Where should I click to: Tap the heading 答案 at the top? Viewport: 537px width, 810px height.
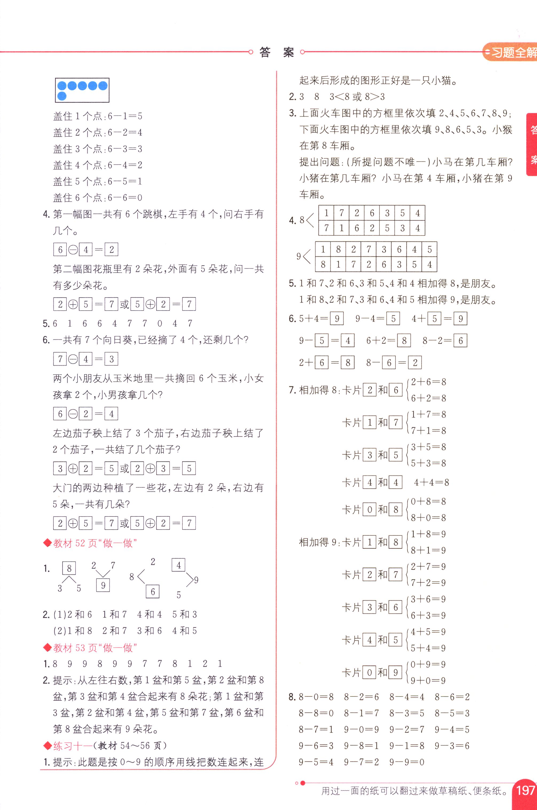[276, 52]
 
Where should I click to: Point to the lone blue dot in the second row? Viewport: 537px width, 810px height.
[62, 96]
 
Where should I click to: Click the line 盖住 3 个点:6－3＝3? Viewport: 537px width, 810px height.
[98, 149]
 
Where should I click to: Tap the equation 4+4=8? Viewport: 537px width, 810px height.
[431, 483]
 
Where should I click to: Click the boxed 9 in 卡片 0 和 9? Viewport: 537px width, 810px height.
[395, 673]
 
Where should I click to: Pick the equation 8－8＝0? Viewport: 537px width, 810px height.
[316, 713]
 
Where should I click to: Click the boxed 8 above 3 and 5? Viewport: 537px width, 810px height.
[69, 569]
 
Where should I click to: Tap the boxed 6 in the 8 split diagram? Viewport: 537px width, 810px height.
[152, 592]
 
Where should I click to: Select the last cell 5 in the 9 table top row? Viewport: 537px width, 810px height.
[429, 249]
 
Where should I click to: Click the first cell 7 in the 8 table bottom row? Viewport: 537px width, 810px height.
[326, 228]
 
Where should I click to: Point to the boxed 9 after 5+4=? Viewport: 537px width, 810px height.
[337, 319]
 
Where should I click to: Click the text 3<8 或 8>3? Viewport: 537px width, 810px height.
[357, 97]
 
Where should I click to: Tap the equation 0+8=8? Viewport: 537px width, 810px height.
[428, 502]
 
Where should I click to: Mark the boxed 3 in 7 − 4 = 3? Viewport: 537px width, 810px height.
[111, 359]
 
